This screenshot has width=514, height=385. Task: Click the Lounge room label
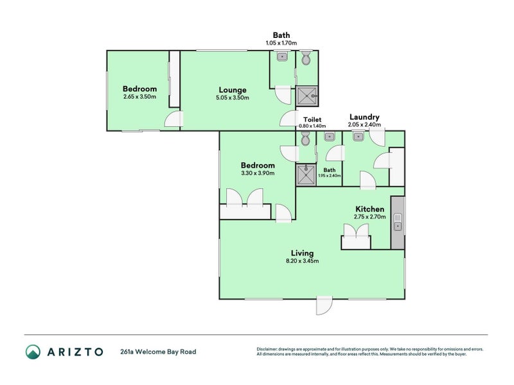(x=232, y=90)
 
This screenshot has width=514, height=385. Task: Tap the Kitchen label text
(x=370, y=209)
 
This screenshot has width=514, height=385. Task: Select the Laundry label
(x=364, y=117)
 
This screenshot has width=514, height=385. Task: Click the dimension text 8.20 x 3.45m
(x=302, y=261)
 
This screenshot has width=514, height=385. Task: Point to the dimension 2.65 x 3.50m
(x=140, y=97)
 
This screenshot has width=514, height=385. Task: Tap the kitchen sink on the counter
(x=398, y=222)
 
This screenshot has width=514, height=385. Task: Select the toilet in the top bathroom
(x=306, y=60)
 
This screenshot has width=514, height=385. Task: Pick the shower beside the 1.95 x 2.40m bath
(x=306, y=175)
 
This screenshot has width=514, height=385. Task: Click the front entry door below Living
(x=323, y=306)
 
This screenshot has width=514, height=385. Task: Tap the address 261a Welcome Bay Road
(x=158, y=352)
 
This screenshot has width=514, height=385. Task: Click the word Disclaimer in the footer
(x=267, y=349)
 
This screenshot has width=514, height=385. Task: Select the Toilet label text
(x=312, y=119)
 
